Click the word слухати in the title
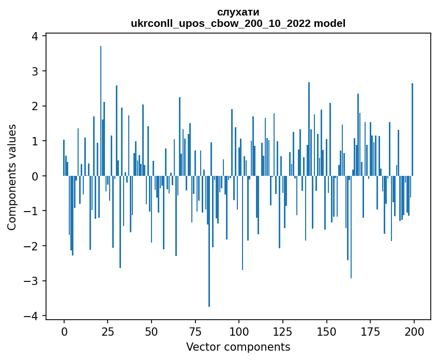(238, 12)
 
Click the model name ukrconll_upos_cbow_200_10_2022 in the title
(224, 23)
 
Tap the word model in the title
(332, 23)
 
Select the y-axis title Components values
(12, 177)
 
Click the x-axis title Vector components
(238, 347)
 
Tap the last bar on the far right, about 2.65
(412, 129)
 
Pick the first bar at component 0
(64, 158)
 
